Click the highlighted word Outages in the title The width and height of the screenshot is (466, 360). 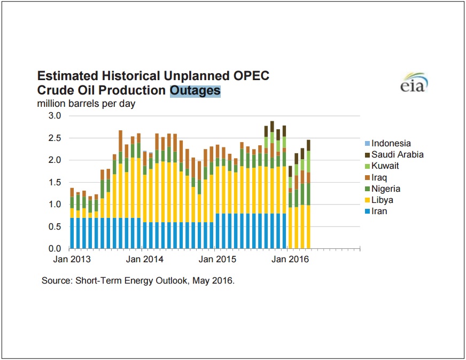195,90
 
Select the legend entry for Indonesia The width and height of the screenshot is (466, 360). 391,143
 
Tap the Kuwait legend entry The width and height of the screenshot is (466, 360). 385,166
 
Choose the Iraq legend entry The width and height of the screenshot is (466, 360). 379,177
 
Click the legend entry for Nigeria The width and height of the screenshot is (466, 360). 385,189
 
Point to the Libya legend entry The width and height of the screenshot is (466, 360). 382,200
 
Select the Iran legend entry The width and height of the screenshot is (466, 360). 379,211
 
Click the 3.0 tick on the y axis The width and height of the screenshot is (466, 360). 55,116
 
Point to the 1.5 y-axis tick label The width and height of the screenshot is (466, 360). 55,182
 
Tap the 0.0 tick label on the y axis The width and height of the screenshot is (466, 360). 55,248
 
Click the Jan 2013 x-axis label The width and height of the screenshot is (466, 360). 72,260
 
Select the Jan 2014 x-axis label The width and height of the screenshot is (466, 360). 144,260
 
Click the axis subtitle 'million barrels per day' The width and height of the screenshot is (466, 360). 86,104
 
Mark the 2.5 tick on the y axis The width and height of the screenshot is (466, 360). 55,138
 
